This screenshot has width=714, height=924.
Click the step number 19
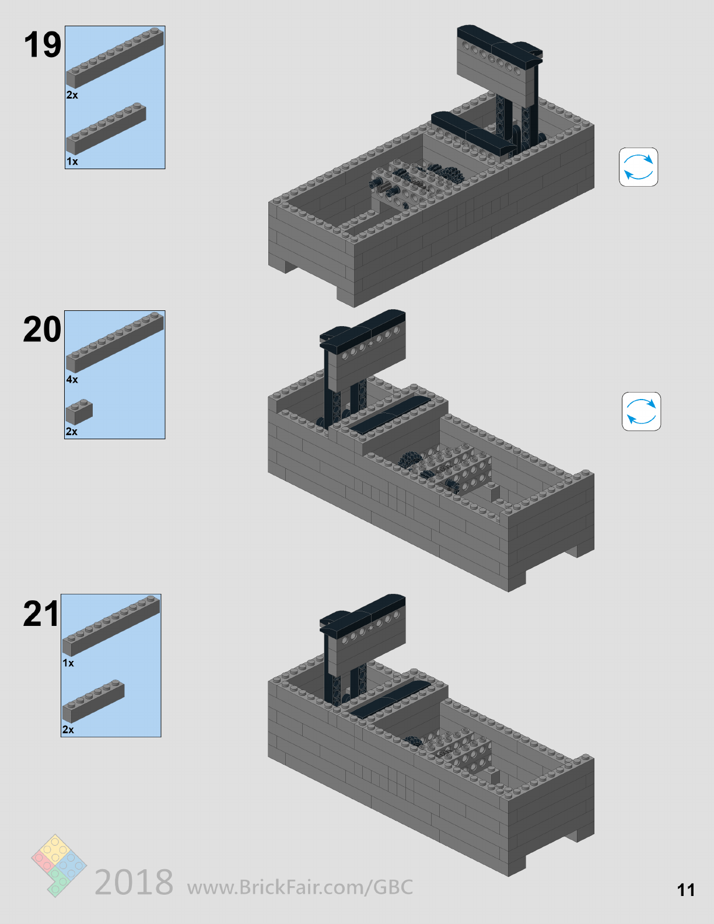point(42,45)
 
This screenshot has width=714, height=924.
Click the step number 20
point(42,330)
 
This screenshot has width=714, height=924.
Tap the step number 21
point(41,614)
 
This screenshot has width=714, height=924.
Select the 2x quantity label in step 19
point(72,95)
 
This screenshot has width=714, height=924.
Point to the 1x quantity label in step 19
point(72,162)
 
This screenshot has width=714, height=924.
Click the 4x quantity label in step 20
point(72,380)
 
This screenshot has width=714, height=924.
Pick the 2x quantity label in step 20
point(71,432)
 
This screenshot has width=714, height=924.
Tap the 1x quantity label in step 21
point(68,663)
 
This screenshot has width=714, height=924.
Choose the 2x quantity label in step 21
point(68,730)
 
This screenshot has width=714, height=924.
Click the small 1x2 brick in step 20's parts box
point(79,412)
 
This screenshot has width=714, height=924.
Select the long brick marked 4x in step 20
point(114,342)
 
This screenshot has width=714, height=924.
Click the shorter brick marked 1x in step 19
point(106,129)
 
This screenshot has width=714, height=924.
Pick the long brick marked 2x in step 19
point(114,58)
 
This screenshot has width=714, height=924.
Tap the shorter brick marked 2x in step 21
point(93,702)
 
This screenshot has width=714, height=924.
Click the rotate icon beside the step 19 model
point(638,167)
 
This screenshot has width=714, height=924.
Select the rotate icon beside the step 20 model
point(641,412)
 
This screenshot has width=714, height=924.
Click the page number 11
point(686,890)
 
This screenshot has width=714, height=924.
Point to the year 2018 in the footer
point(134,882)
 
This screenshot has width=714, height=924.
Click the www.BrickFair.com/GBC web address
point(300,887)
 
